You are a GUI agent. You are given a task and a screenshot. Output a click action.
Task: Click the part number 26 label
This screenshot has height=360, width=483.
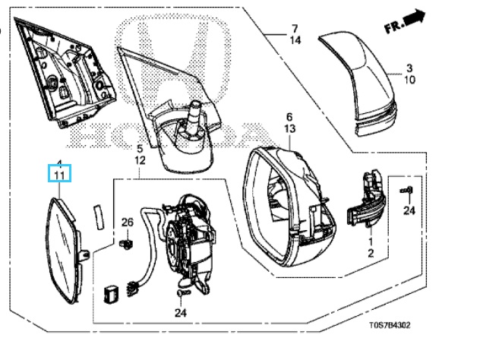[128, 223]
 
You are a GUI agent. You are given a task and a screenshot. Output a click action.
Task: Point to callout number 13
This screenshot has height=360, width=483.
[289, 129]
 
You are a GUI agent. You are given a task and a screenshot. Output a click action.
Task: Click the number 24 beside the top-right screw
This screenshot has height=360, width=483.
[409, 210]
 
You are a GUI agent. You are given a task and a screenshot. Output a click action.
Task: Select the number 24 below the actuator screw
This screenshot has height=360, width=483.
[180, 312]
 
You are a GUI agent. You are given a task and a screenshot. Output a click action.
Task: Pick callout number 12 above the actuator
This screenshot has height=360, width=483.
[140, 161]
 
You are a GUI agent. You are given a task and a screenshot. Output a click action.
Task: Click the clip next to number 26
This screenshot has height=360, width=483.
[128, 244]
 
